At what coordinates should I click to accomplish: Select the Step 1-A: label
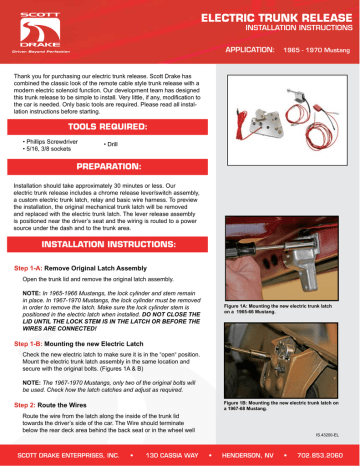coord(33,269)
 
